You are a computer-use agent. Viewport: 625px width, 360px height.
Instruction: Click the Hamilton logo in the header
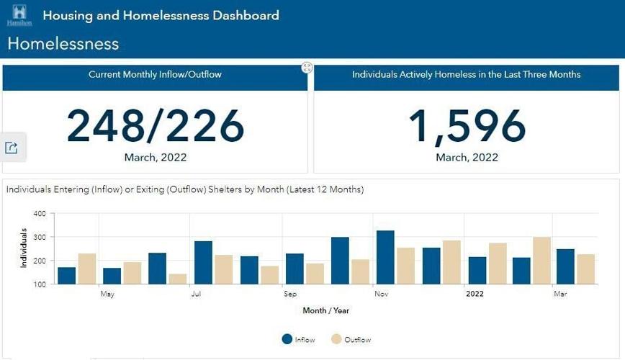coord(19,15)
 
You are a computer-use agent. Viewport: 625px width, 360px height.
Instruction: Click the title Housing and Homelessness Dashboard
coord(161,15)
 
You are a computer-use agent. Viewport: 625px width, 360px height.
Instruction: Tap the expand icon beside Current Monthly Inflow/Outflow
coord(307,68)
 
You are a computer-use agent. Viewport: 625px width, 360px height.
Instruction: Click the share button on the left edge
coord(12,148)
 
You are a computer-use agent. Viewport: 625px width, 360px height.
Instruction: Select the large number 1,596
coord(467,127)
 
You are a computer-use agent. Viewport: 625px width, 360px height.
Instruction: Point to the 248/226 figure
coord(156,127)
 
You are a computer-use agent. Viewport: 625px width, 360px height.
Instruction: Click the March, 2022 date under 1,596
coord(467,158)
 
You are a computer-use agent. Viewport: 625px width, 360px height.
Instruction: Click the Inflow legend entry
coord(298,339)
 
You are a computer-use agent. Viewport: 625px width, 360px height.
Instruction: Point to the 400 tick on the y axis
coord(40,214)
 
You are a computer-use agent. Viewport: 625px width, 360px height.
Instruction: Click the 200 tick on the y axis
coord(40,261)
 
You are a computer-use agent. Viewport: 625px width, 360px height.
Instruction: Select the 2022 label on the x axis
coord(475,294)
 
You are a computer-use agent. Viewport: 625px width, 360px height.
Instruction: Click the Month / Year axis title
coord(326,310)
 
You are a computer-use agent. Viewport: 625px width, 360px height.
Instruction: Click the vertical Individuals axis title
coord(24,248)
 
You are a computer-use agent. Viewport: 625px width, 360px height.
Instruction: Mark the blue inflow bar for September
coord(294,269)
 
